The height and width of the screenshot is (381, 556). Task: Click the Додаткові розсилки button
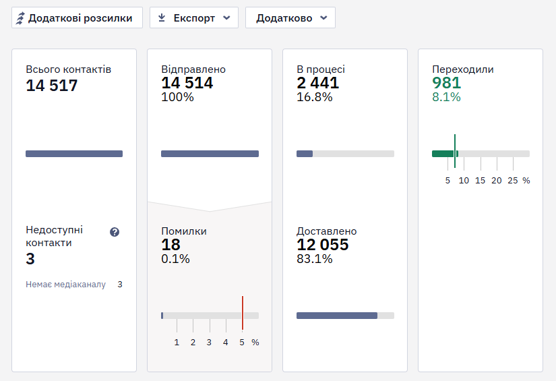[77, 18]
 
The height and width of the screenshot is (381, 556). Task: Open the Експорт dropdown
[194, 18]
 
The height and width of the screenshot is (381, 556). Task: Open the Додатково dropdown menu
[290, 18]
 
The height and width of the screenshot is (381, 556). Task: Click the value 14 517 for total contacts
[52, 86]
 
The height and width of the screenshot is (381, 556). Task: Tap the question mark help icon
[115, 232]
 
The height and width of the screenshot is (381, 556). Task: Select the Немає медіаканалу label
[65, 285]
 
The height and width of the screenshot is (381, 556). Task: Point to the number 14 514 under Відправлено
[187, 83]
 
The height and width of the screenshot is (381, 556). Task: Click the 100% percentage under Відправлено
[177, 97]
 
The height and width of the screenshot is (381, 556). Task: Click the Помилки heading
[184, 231]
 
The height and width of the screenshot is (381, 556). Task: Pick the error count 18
[171, 245]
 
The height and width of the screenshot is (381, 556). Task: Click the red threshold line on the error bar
[243, 314]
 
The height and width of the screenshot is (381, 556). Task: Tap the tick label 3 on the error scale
[209, 343]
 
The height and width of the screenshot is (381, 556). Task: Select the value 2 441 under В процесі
[317, 83]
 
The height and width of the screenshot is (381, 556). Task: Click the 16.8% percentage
[315, 97]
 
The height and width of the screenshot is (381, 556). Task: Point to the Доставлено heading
[327, 231]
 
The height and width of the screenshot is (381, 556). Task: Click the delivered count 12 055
[323, 245]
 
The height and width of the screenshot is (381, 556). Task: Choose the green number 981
[446, 83]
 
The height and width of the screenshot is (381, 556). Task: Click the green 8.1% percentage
[446, 97]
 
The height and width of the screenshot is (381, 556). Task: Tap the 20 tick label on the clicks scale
[497, 181]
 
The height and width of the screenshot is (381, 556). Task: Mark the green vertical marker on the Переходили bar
[455, 151]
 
